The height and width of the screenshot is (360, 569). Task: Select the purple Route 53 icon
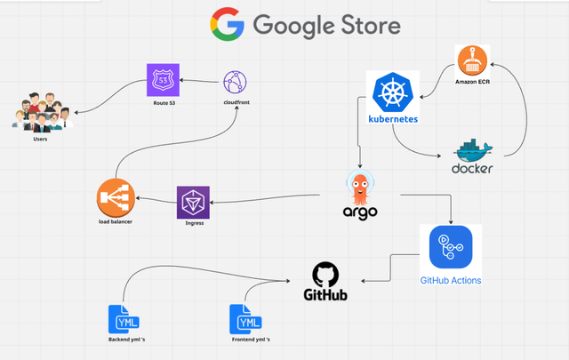(x=163, y=80)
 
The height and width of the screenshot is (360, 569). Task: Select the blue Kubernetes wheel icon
(x=392, y=92)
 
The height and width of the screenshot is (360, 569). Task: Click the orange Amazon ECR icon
(x=471, y=60)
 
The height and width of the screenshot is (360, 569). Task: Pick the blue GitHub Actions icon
(x=450, y=248)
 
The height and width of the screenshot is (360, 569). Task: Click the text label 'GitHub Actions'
(x=451, y=281)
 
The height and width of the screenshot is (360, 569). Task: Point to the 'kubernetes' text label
(x=392, y=117)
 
